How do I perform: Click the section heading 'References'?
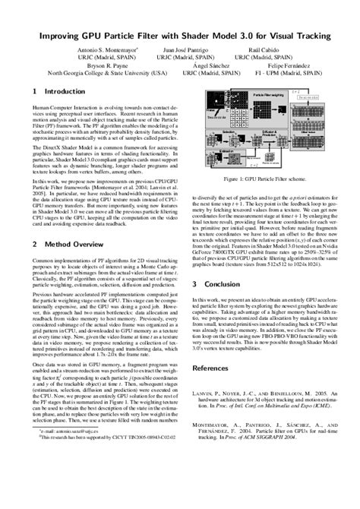click(219, 368)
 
